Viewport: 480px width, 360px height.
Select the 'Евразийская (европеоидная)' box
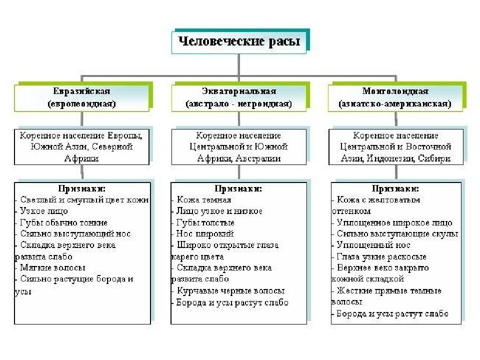pos(81,98)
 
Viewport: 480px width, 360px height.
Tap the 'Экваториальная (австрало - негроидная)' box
pos(238,98)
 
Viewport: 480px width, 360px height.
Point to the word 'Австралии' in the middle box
pos(260,158)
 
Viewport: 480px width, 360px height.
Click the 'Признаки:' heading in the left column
pos(81,188)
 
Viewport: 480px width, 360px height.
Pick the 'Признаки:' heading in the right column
pos(395,188)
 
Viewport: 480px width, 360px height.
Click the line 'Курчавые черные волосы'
pos(230,290)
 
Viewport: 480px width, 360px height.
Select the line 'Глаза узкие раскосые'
pos(381,256)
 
